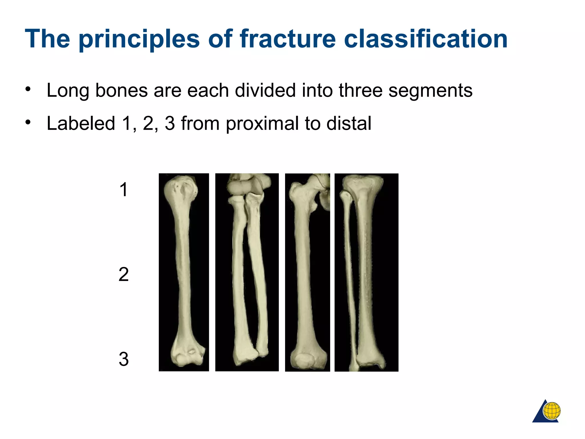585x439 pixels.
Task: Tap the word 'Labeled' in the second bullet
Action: [x=81, y=123]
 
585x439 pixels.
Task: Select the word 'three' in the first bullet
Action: [x=360, y=90]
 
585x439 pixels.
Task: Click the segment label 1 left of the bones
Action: [x=123, y=190]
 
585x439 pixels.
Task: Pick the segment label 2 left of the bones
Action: [x=123, y=274]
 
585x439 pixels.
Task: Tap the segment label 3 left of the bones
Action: [x=123, y=359]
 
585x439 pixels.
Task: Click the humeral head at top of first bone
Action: [x=181, y=189]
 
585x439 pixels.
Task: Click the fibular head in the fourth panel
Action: [x=346, y=196]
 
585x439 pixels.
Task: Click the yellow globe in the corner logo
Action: [x=552, y=411]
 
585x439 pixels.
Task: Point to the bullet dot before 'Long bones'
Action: [x=28, y=89]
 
